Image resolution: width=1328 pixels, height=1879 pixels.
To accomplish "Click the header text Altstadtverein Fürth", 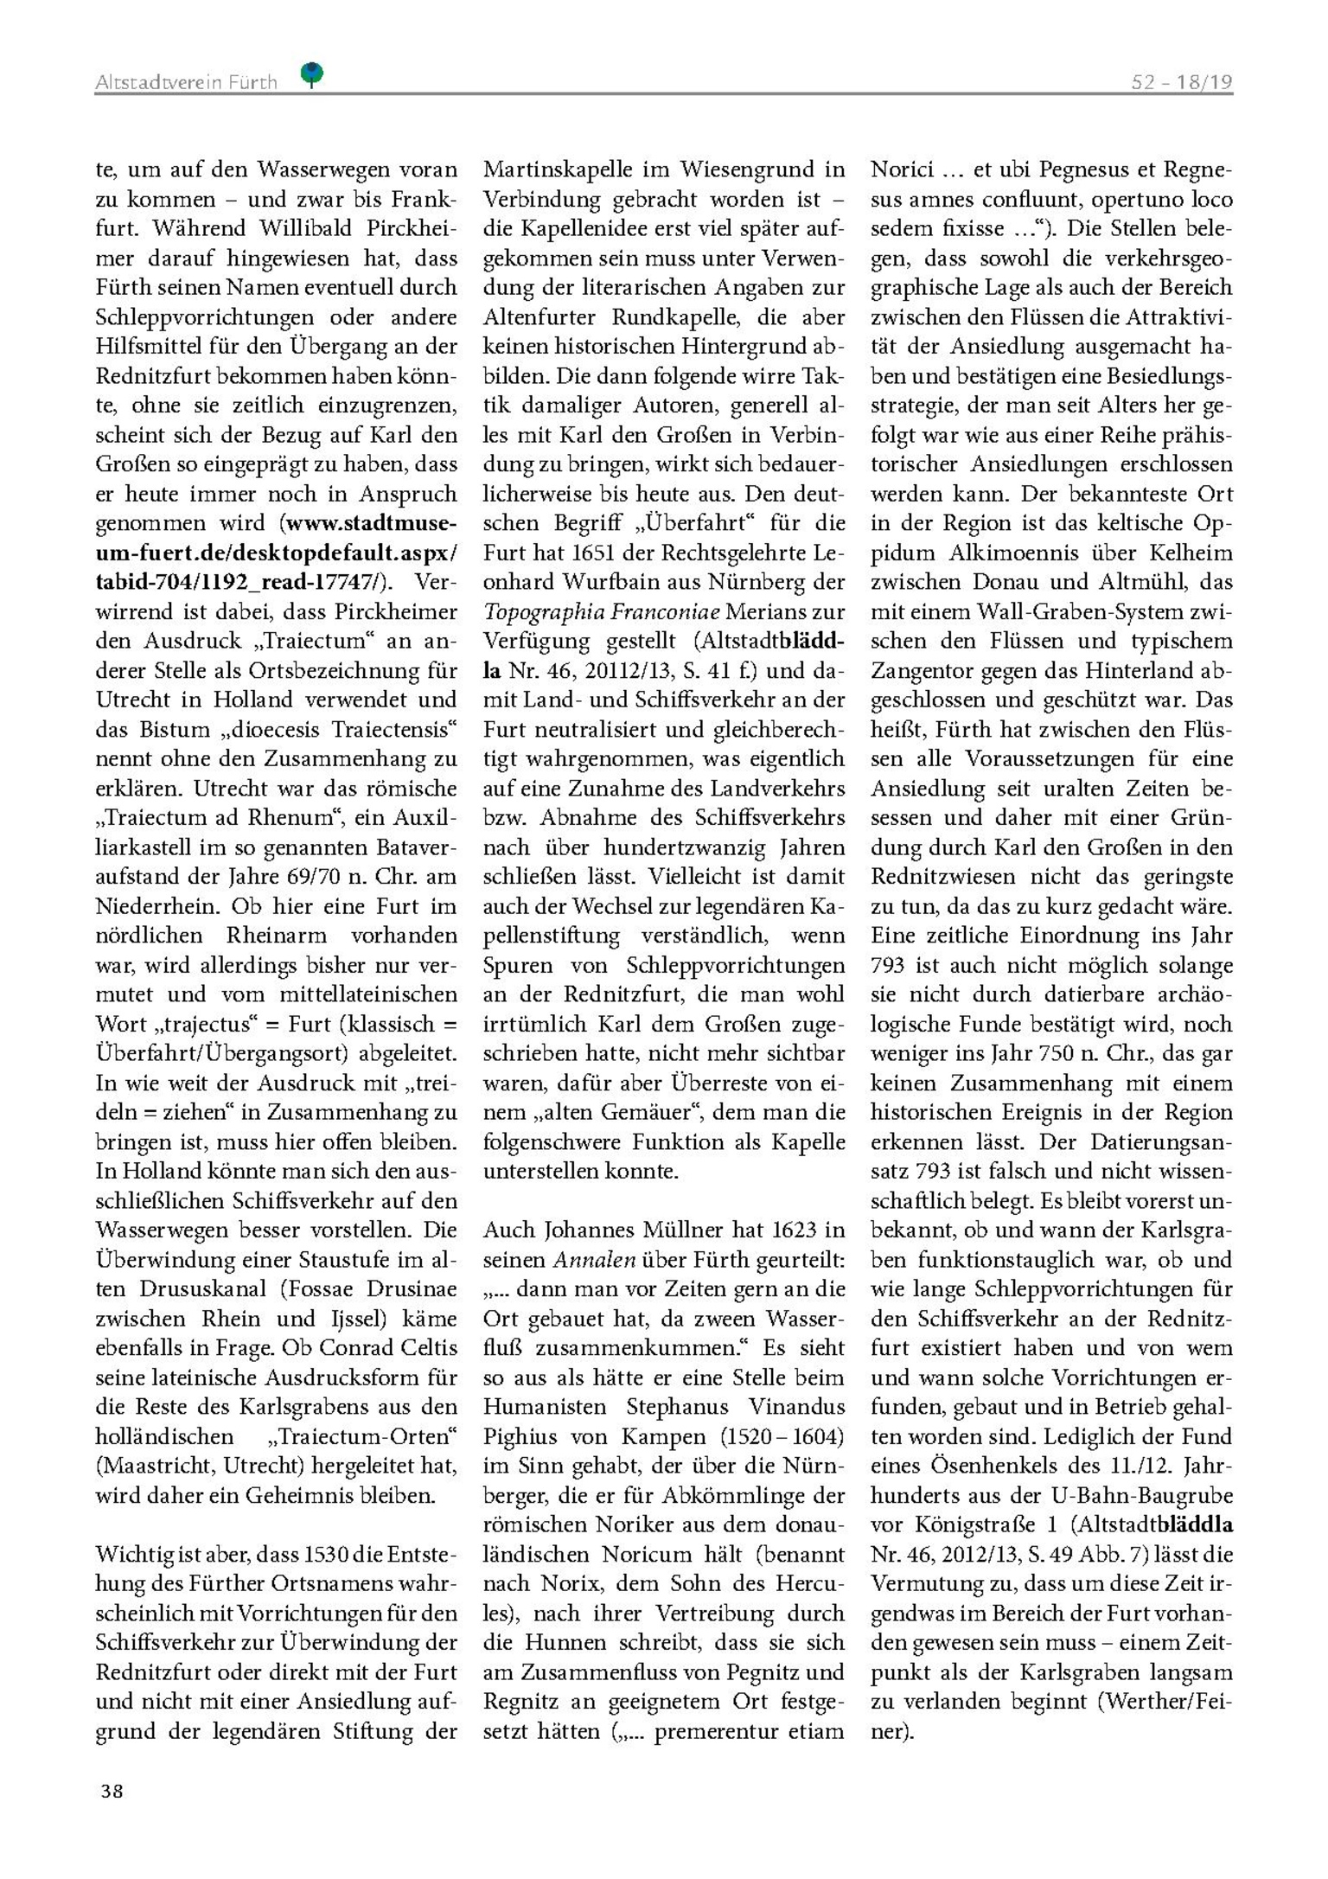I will (x=186, y=82).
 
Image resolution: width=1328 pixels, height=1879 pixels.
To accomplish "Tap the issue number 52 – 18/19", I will (x=1182, y=82).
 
